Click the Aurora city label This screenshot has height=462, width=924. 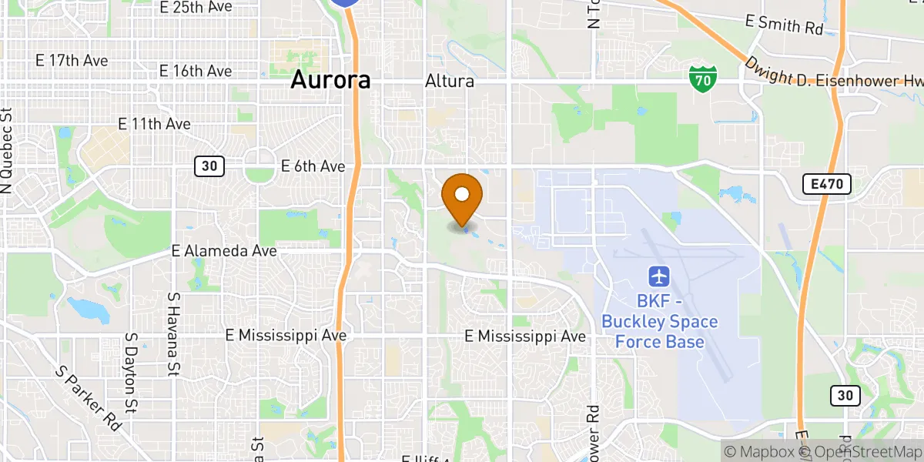pos(330,80)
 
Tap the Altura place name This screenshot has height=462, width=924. pos(450,81)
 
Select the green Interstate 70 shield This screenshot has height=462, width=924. pos(703,78)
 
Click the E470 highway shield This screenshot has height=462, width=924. pos(826,184)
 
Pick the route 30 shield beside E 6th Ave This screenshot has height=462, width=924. pos(209,166)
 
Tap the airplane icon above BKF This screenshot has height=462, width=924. pos(659,275)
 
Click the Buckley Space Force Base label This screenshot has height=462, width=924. pos(660,322)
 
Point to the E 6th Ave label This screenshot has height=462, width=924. pos(313,166)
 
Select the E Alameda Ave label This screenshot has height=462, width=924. pos(223,251)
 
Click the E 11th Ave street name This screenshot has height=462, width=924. pos(154,123)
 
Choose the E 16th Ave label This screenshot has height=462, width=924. pos(195,71)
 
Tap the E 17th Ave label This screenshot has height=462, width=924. pos(72,60)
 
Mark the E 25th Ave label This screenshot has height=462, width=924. pos(196,7)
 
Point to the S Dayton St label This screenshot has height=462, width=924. pos(132,371)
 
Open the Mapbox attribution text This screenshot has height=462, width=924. pos(758,452)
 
